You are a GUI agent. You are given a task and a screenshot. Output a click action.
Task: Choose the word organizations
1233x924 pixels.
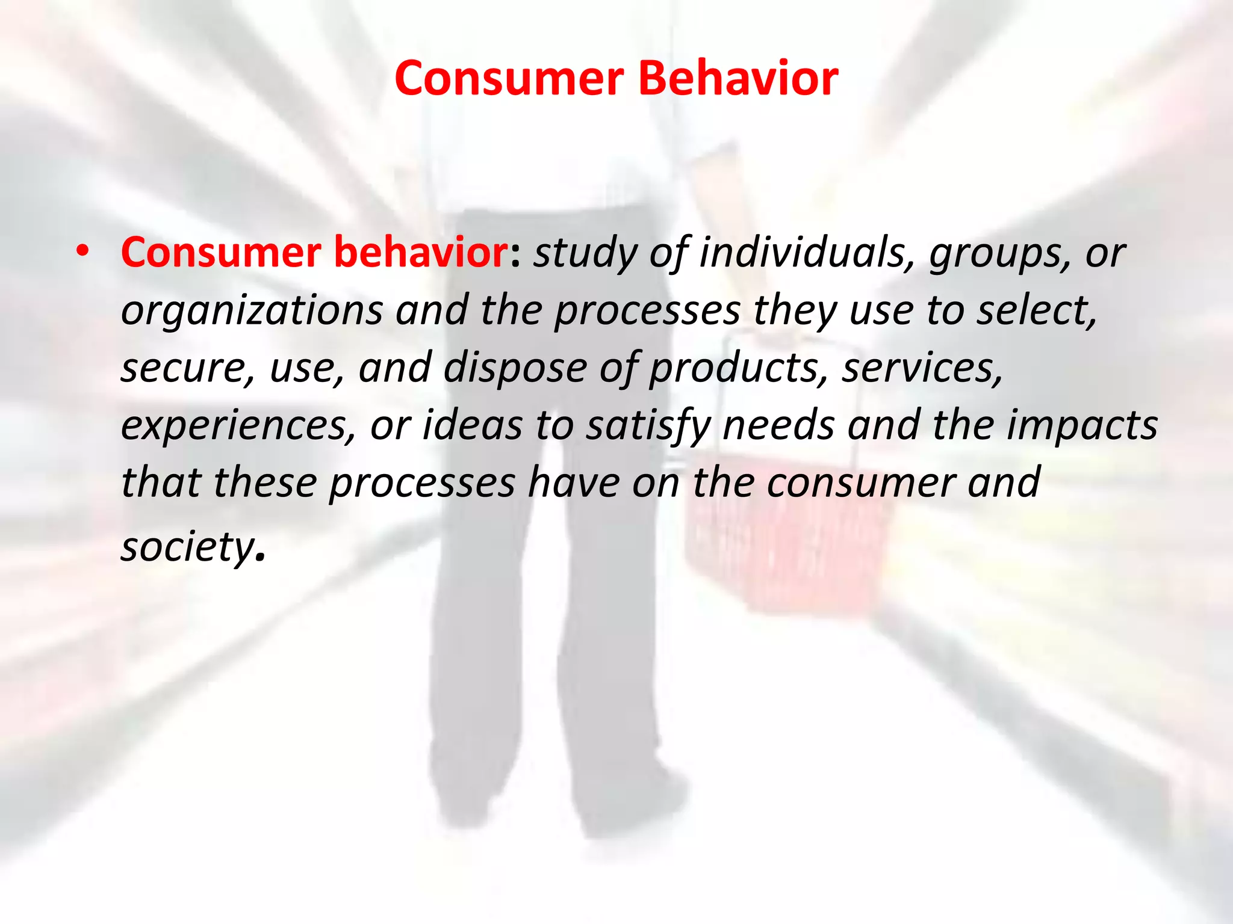(x=252, y=310)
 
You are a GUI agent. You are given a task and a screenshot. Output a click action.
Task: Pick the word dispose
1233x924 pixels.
(x=515, y=368)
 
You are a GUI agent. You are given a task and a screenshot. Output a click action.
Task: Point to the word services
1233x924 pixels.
(x=922, y=367)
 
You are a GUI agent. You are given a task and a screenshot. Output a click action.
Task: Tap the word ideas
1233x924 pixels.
(x=472, y=425)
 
